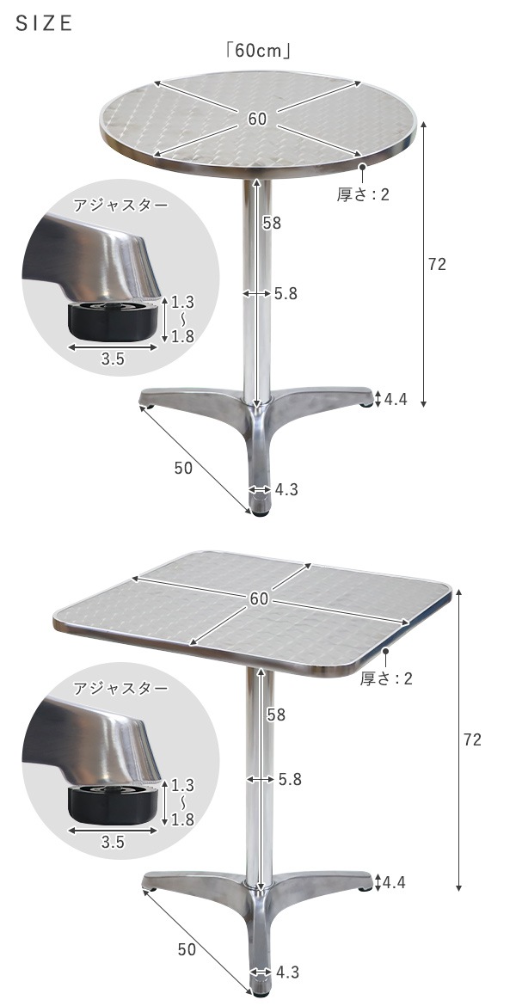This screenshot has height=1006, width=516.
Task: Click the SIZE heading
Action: (44, 24)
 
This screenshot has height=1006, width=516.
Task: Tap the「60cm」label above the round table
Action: (257, 51)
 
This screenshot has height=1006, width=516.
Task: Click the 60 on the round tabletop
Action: (257, 120)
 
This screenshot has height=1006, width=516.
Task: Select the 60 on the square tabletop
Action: (260, 598)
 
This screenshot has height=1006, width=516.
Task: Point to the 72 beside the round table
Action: (437, 265)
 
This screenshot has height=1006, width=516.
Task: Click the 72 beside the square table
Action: (472, 739)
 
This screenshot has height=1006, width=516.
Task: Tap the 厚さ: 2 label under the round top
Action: (362, 194)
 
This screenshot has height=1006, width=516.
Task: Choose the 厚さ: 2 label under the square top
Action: (386, 679)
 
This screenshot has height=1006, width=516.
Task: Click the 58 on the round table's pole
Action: (273, 224)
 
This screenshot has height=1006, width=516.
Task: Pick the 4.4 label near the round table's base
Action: (395, 398)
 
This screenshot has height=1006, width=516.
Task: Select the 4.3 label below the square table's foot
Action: (287, 972)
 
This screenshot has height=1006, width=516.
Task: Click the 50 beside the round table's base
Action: (183, 468)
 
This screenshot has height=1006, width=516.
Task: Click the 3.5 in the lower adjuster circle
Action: (113, 843)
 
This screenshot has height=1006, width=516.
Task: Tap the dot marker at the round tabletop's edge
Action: (363, 167)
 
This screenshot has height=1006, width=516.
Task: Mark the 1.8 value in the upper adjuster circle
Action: (182, 336)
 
